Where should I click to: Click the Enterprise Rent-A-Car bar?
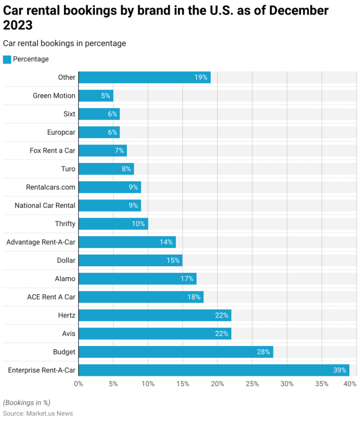tap(214, 370)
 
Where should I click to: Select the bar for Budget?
tap(176, 352)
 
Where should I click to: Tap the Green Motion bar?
tap(96, 96)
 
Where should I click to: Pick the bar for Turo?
tap(106, 169)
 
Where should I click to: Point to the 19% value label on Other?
tap(201, 78)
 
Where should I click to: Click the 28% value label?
tap(263, 352)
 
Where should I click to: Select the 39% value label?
tap(340, 370)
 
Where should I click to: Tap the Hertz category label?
tap(67, 315)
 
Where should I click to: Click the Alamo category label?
tap(65, 279)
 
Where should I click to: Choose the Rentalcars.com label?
tap(51, 187)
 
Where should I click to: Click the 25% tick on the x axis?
tap(252, 384)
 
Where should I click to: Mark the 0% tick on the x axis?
tap(79, 384)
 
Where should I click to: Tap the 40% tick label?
tap(350, 384)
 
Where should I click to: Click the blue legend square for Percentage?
tap(7, 59)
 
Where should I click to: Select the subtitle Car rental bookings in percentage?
tap(64, 44)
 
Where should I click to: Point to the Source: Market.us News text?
tap(38, 413)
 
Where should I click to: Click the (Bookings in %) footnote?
tap(27, 402)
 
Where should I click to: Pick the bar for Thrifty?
tap(113, 224)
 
